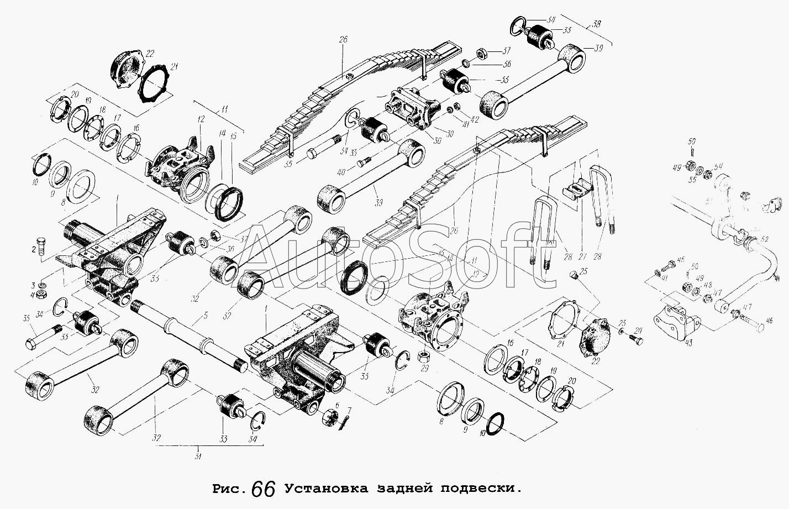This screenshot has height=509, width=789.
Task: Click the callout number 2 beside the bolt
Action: tap(34, 250)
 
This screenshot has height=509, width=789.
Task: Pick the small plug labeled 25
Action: tap(574, 275)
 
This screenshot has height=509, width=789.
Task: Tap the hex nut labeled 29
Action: tap(424, 354)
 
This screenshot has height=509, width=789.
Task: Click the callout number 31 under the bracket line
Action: tap(197, 456)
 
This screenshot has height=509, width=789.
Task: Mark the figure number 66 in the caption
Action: tap(263, 488)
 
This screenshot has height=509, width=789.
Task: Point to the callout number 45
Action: tap(681, 259)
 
